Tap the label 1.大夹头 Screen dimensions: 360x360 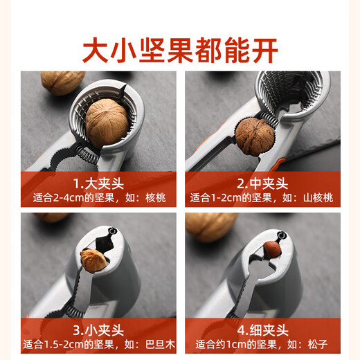coord(98,184)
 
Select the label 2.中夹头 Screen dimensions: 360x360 coord(261,184)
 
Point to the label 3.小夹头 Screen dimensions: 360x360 coord(98,329)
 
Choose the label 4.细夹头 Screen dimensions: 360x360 coord(261,330)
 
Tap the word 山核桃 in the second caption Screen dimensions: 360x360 coord(317,198)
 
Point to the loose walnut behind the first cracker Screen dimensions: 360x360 coord(62,82)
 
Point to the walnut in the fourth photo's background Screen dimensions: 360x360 coord(211,225)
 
